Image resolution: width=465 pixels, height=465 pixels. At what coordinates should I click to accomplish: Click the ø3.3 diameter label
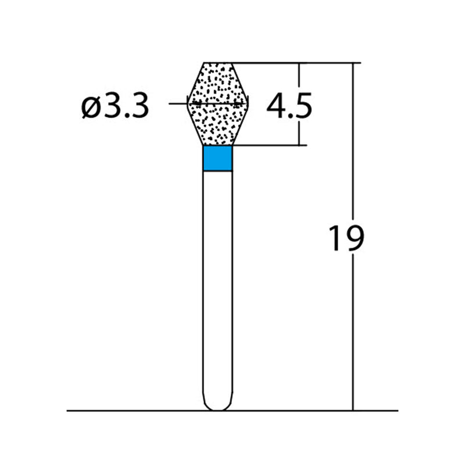point(115,107)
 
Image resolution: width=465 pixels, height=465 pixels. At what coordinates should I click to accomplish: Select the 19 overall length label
point(345,239)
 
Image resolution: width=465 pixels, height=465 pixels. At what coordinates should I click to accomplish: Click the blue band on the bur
point(218,158)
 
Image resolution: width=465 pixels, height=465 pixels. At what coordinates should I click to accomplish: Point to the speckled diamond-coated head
point(218,105)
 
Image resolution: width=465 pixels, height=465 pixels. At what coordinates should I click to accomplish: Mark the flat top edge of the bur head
point(218,62)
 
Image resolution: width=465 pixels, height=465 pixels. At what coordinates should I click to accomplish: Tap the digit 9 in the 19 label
point(354,239)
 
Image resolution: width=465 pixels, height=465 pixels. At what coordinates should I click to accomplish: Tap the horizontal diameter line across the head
point(174,103)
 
